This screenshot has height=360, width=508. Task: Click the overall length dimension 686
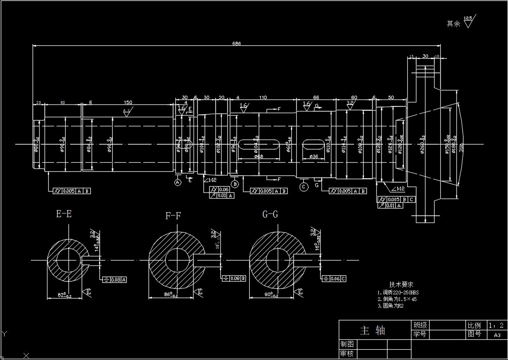pyautogui.click(x=236, y=43)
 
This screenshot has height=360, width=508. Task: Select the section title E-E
pyautogui.click(x=64, y=214)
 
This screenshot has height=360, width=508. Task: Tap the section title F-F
pyautogui.click(x=173, y=216)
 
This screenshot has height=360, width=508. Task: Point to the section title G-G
pyautogui.click(x=270, y=214)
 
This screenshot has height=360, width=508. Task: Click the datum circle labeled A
pyautogui.click(x=178, y=182)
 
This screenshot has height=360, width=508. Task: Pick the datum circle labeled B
pyautogui.click(x=235, y=184)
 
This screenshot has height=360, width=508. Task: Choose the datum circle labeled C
pyautogui.click(x=304, y=187)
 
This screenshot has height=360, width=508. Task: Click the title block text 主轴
pyautogui.click(x=372, y=330)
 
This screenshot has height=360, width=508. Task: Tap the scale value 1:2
pyautogui.click(x=496, y=325)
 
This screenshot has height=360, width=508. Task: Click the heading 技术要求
pyautogui.click(x=401, y=284)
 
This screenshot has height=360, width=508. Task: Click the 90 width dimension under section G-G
pyautogui.click(x=270, y=295)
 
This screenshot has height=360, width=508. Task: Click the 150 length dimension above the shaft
pyautogui.click(x=128, y=102)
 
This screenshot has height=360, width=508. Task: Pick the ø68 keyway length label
pyautogui.click(x=258, y=156)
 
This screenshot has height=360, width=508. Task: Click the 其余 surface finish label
pyautogui.click(x=453, y=24)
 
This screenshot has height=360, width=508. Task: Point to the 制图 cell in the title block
pyautogui.click(x=347, y=344)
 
